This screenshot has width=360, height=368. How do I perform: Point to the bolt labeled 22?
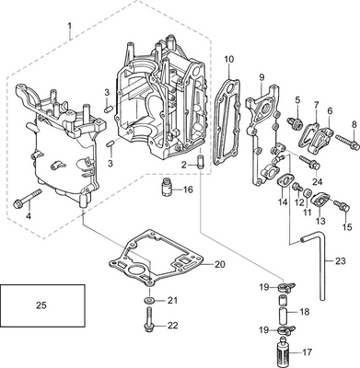point(148,324)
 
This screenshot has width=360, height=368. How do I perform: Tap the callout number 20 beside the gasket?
point(218,265)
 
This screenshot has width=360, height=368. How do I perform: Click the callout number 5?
point(297,99)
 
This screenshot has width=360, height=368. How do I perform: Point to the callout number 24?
point(318,182)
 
